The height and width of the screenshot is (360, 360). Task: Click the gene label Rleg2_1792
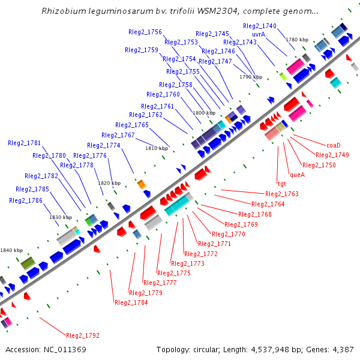point(83,335)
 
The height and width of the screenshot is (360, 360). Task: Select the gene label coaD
point(333,145)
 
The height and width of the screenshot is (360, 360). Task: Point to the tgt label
point(281,184)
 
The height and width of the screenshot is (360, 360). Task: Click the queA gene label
point(298,175)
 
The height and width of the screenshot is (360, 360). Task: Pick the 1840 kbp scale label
point(11,250)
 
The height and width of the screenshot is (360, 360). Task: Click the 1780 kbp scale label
point(297,40)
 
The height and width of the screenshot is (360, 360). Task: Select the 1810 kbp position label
point(157,148)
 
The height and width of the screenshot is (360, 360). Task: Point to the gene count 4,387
point(340,349)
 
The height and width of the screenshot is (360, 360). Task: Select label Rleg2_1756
point(145,32)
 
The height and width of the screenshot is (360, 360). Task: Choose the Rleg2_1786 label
point(26,200)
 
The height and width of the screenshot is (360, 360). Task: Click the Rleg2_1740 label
point(260,26)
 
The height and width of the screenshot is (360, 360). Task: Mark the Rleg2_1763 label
point(281,194)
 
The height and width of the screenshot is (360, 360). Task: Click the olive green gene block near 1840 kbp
point(28,263)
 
